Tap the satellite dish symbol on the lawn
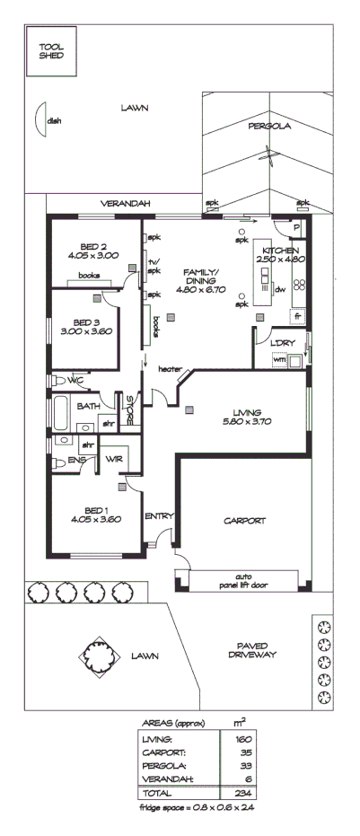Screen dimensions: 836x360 click(40, 118)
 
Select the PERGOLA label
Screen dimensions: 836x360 click(269, 127)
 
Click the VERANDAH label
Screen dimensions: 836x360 click(124, 204)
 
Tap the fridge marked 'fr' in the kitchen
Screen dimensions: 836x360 click(297, 315)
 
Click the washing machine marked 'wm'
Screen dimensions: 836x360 click(278, 360)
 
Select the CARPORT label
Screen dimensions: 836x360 click(243, 521)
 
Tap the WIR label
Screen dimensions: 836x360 click(113, 460)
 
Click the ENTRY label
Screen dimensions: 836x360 click(159, 515)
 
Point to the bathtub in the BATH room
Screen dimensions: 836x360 click(60, 414)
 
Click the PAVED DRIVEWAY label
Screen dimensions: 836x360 click(250, 650)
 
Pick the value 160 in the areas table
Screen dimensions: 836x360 click(240, 738)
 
